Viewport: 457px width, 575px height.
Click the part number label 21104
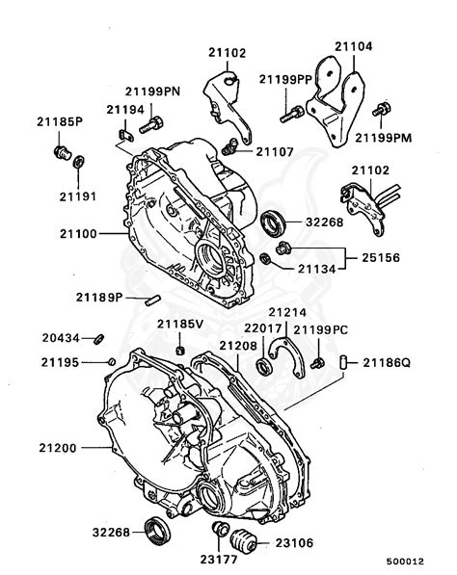[x=353, y=45]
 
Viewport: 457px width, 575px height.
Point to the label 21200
[x=61, y=448]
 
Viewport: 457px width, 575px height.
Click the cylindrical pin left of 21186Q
[x=342, y=362]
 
